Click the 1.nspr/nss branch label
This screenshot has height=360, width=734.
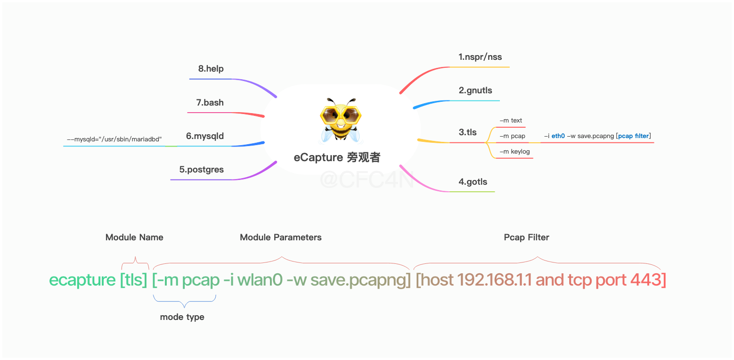coord(480,57)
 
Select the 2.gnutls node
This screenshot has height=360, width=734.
coord(475,90)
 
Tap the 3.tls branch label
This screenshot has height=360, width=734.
coord(468,132)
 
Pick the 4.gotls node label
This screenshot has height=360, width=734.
coord(473,182)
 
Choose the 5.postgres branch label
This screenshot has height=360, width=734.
coord(201,170)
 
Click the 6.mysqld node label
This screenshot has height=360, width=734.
coord(205,136)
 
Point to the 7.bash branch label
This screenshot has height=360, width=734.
coord(210,103)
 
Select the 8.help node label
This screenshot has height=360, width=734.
coord(211,69)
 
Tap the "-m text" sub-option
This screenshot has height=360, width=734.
coord(511,121)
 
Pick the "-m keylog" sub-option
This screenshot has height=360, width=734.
coord(514,151)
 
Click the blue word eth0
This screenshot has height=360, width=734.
coord(558,136)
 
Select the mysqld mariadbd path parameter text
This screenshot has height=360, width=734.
coord(114,139)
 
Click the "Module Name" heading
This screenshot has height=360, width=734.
coord(134,237)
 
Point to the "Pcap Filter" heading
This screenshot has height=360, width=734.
coord(526,237)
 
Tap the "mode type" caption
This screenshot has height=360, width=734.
coord(182,317)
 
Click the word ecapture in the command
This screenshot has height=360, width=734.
coord(82,280)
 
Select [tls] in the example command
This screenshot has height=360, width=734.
coord(134,280)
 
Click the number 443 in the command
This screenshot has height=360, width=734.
coord(646,280)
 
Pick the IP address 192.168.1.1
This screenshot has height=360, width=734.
coord(494,280)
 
